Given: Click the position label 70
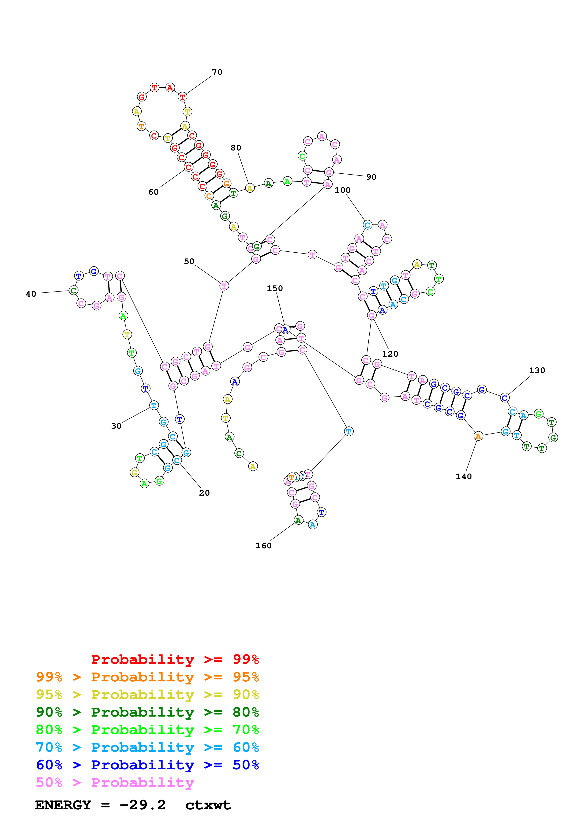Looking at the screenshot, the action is (217, 72).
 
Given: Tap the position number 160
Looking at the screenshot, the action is (263, 546).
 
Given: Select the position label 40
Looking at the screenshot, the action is (31, 294).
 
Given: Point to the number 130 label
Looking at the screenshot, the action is (537, 370).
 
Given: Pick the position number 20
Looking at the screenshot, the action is (204, 493).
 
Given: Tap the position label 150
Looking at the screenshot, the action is (275, 288).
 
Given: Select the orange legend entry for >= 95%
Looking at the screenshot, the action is (147, 677).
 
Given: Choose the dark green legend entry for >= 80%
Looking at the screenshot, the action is (147, 712).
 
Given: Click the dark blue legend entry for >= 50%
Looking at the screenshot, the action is (147, 765).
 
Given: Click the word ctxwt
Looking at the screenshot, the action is (208, 805).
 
